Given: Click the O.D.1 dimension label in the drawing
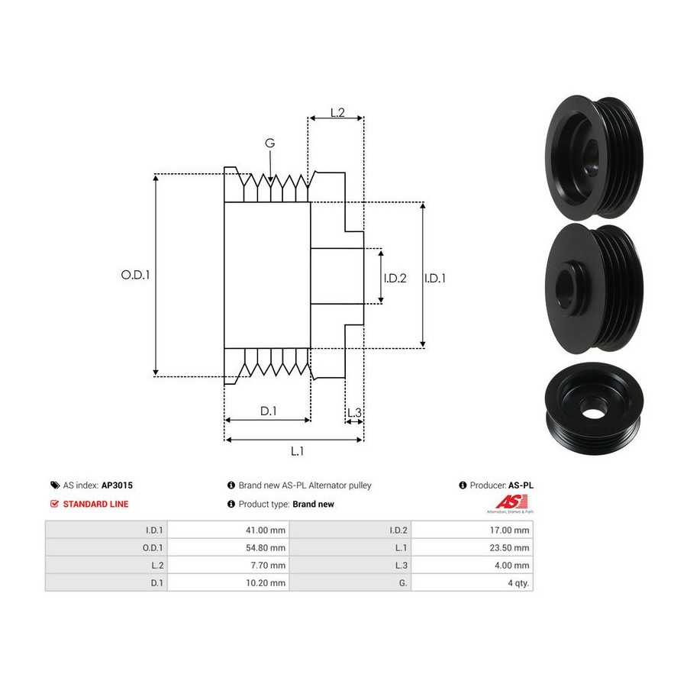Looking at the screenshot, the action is (x=135, y=275).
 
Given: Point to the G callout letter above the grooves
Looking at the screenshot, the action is (x=270, y=143).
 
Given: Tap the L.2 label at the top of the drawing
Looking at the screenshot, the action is (x=337, y=113).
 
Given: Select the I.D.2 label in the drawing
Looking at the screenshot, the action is (x=395, y=278).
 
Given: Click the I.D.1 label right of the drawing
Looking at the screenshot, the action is (x=435, y=278).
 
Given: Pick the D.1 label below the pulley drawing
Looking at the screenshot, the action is (x=269, y=411).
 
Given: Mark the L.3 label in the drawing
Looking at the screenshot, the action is (x=354, y=413).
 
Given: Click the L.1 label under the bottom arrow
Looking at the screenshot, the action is (x=297, y=451).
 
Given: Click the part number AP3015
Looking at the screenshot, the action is (x=117, y=485).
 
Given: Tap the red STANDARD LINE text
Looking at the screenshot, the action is (x=96, y=505).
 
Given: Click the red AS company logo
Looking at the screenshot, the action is (x=511, y=502).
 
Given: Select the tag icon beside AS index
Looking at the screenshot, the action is (x=55, y=485).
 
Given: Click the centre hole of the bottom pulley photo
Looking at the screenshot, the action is (x=592, y=413).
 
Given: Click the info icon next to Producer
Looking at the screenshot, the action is (x=463, y=485).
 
